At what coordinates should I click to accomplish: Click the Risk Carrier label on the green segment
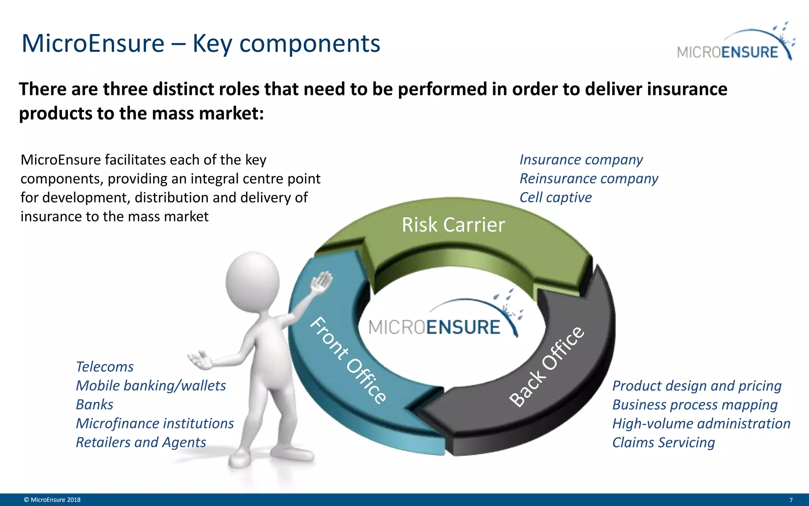[453, 225]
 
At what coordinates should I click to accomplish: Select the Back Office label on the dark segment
[547, 366]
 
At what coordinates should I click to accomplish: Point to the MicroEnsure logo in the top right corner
[735, 43]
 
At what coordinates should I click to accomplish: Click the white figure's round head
[253, 281]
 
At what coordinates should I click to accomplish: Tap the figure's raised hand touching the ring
[322, 283]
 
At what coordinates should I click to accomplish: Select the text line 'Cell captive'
[555, 197]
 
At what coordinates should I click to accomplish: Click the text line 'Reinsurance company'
[589, 179]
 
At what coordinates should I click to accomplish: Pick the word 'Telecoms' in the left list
[105, 367]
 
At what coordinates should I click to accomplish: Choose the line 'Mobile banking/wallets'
[151, 386]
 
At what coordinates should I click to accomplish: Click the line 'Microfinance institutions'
[154, 423]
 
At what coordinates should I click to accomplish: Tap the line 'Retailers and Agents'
[141, 442]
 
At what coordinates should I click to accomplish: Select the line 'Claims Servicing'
[663, 443]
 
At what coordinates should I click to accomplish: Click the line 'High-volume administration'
[701, 424]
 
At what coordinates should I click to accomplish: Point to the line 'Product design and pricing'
[697, 386]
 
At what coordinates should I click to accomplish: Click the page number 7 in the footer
[791, 500]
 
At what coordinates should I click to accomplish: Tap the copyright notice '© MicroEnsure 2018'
[52, 500]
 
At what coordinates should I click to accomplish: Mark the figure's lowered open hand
[201, 360]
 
